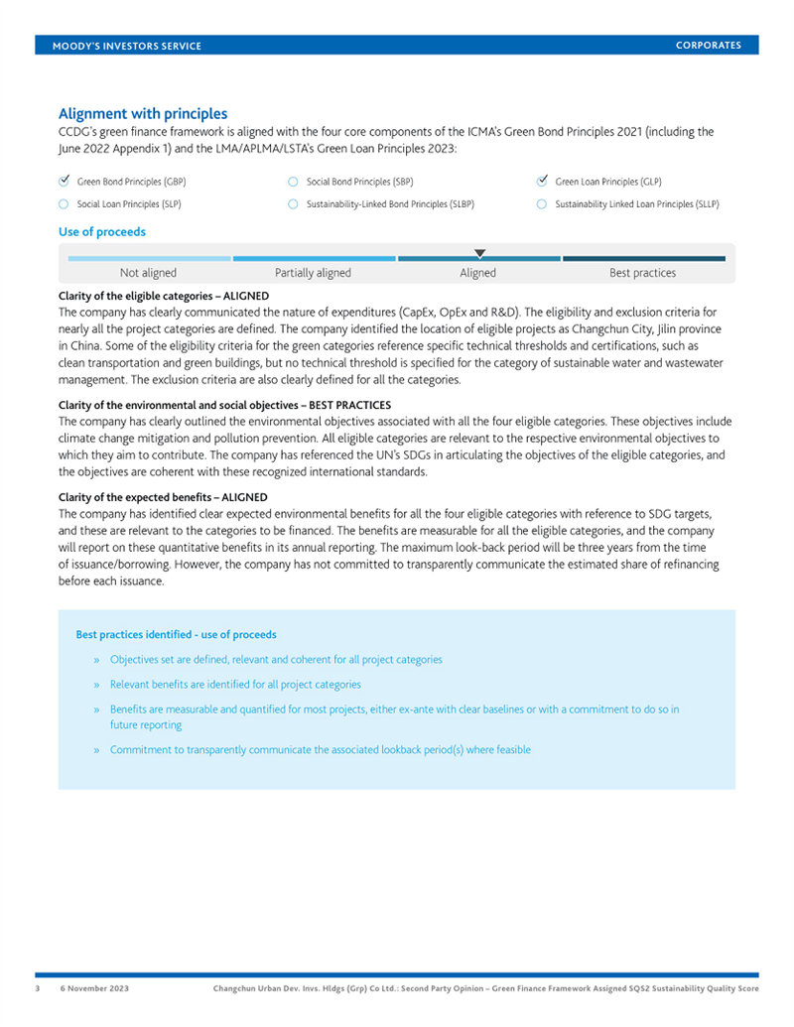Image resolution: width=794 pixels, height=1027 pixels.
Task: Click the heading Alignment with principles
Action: tap(143, 114)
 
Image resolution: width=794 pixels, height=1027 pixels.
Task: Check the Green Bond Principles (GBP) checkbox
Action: tap(65, 182)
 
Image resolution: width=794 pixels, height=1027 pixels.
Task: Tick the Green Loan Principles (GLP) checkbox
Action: tap(542, 182)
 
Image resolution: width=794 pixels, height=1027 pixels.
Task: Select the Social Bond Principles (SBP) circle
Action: tap(293, 182)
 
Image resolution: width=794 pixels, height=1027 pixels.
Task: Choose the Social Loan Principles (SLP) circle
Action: tap(65, 204)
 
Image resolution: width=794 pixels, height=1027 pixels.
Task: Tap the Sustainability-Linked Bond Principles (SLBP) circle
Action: tap(293, 204)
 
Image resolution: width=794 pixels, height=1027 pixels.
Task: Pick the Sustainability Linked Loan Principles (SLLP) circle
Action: tap(542, 204)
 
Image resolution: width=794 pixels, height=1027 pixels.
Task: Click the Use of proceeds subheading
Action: tap(102, 232)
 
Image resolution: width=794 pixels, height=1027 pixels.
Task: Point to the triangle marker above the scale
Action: tap(479, 253)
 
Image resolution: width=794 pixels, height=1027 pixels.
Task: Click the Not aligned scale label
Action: tap(148, 273)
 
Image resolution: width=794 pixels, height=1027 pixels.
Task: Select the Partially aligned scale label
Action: tap(313, 273)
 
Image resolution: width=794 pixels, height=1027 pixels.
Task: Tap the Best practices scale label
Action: tap(642, 273)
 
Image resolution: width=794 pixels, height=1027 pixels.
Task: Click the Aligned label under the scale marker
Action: tap(477, 273)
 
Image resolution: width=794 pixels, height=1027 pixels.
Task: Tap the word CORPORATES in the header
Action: tap(709, 46)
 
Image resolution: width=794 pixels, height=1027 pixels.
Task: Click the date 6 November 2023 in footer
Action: tap(94, 989)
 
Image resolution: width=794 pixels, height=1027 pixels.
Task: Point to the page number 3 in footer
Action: tap(39, 989)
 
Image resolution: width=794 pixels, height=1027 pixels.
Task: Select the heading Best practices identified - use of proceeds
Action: tap(176, 635)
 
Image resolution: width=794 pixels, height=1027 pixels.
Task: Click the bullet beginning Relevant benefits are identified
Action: tap(235, 685)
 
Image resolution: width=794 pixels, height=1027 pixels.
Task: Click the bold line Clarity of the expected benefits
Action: tap(163, 497)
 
